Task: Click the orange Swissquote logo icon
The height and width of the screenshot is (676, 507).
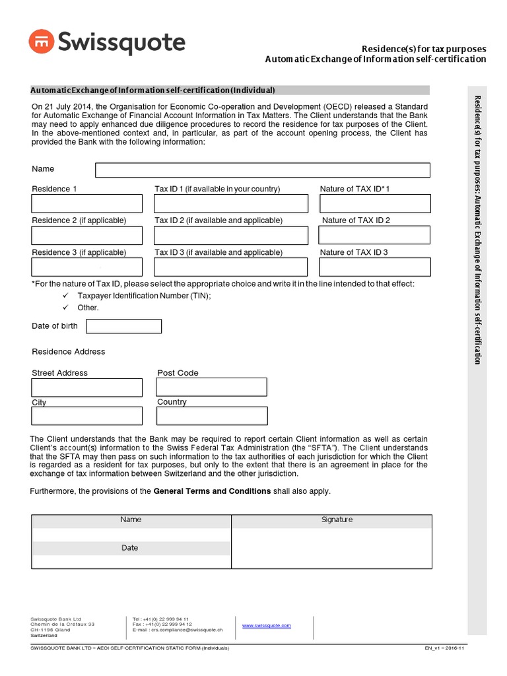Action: tap(41, 43)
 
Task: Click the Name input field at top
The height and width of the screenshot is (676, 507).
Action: tap(262, 170)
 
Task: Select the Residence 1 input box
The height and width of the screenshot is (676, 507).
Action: tap(86, 203)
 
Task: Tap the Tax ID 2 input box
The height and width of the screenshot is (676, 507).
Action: tap(230, 235)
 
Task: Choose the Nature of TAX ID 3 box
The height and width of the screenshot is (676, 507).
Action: tap(374, 267)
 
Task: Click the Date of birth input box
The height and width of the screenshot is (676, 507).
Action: tap(123, 326)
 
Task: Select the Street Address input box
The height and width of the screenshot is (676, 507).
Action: tap(86, 387)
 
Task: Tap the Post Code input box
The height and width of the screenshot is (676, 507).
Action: tap(212, 387)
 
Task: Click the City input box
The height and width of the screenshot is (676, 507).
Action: tap(86, 416)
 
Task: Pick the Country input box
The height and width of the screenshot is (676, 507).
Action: tap(212, 416)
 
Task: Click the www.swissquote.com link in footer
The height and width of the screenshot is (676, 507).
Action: tap(267, 625)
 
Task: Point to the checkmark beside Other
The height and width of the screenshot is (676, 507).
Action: tap(65, 308)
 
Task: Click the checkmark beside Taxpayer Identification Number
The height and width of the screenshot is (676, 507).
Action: tap(65, 296)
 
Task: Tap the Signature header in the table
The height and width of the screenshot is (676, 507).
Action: tap(337, 520)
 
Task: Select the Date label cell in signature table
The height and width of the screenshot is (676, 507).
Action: tap(130, 548)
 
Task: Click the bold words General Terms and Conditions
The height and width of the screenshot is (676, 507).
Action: tap(212, 491)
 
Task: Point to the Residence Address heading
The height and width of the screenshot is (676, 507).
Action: tap(69, 352)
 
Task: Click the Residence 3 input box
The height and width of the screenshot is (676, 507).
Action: tap(86, 267)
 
